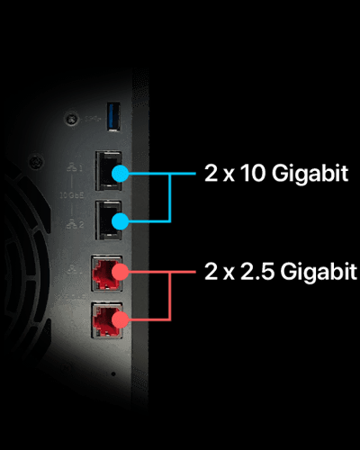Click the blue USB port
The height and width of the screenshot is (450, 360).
113,116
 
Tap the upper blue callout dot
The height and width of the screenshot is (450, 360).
121,174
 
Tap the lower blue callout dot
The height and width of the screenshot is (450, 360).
121,221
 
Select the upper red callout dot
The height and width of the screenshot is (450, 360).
121,272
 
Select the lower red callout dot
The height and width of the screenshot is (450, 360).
121,319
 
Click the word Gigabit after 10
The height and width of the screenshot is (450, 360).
310,174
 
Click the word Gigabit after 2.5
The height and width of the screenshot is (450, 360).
319,272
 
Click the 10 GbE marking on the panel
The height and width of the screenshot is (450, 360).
72,196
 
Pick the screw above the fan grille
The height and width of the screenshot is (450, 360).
37,162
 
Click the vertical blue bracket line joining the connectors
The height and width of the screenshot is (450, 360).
170,198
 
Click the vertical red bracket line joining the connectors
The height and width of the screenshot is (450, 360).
170,296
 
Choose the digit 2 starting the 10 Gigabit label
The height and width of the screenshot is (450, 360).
211,174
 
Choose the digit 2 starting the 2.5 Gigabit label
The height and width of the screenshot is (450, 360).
211,272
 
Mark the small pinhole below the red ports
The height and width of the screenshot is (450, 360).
113,373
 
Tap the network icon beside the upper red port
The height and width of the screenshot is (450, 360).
71,271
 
